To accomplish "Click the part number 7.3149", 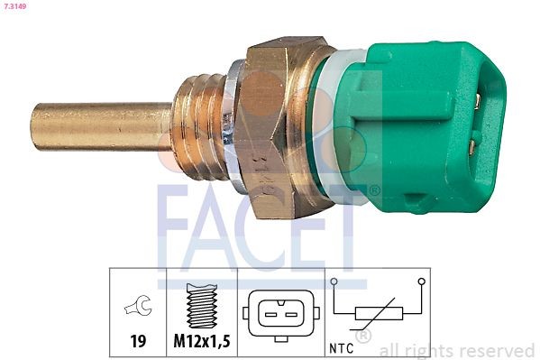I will pyautogui.click(x=15, y=9).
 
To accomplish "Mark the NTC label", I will pyautogui.click(x=342, y=344).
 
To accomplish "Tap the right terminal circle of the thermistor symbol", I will pyautogui.click(x=421, y=282).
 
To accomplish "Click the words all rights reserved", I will pyautogui.click(x=457, y=350).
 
